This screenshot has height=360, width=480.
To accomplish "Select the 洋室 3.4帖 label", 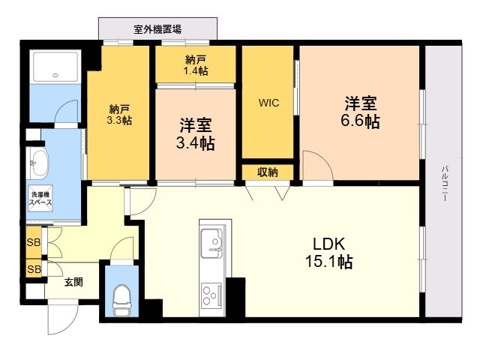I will tap(196, 133).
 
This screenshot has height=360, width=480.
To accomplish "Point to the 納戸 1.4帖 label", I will tap(196, 64).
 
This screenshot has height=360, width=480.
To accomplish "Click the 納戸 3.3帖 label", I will tap(120, 113).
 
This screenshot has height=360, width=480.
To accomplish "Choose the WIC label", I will tap(269, 103).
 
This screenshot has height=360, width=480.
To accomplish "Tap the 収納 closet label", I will tap(268, 172).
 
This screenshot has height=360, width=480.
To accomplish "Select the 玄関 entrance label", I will tap(73, 282).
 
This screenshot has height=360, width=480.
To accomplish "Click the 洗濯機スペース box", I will tap(40, 199).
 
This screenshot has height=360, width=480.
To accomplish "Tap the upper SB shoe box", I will tap(34, 242).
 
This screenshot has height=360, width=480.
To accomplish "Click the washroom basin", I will tap(38, 160).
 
